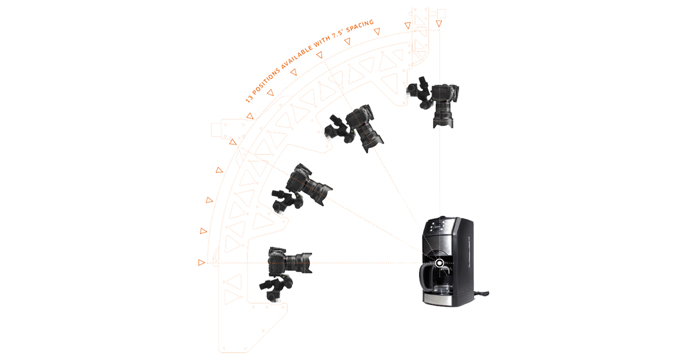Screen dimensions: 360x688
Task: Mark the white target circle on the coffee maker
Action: (x=439, y=263)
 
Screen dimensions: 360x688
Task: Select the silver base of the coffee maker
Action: (x=447, y=300)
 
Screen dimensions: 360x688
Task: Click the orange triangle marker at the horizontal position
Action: (x=201, y=263)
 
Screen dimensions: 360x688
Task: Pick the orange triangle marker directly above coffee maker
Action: (x=439, y=24)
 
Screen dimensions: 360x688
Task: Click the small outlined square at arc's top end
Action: (x=440, y=13)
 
